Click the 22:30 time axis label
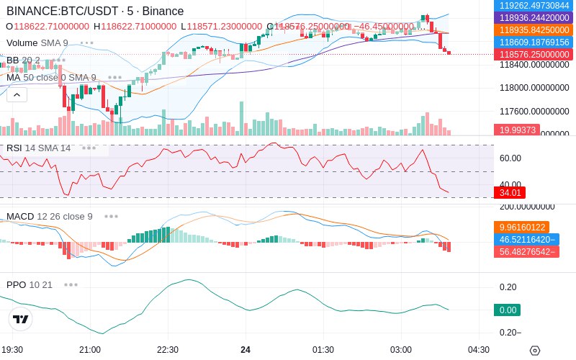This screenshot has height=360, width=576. coord(167,350)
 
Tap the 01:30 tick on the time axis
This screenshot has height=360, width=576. coord(323,350)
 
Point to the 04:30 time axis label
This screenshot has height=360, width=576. coord(478,350)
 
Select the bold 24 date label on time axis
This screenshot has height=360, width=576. coord(246,350)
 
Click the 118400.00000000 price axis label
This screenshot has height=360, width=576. coord(534,65)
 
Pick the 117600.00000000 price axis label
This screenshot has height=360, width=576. coord(534,112)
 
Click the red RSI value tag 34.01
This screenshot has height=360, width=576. coord(509,193)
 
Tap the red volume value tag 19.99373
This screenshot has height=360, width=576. coord(516,130)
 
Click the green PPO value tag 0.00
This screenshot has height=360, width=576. coord(507,310)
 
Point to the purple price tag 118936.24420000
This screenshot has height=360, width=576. coord(534,17)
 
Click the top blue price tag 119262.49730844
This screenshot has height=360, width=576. coord(534,5)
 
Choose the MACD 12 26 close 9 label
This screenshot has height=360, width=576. coord(50,216)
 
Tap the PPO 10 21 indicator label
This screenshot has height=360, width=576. coord(30,284)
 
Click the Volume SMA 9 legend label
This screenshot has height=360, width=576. coord(37,43)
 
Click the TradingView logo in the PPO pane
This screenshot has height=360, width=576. coord(21,318)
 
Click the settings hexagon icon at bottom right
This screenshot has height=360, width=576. coord(534,351)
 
